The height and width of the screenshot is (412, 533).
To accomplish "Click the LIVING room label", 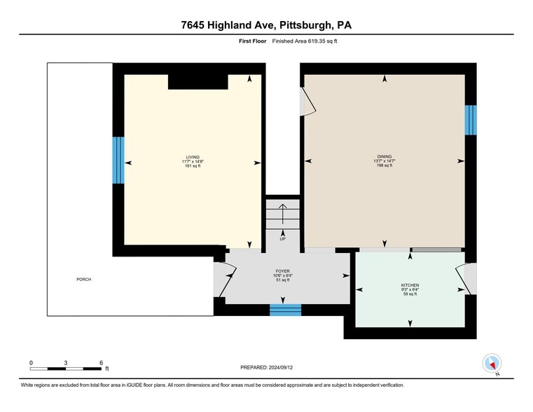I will [x=193, y=156].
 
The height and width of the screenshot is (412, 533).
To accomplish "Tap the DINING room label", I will [x=384, y=156].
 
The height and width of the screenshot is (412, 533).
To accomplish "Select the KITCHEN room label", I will [x=410, y=285].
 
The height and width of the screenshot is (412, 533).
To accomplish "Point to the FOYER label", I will [x=282, y=270].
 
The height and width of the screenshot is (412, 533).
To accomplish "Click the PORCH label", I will [x=84, y=280].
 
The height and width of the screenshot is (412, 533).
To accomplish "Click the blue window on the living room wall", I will [x=118, y=160].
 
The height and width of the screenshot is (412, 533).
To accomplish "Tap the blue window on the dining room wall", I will [x=471, y=119].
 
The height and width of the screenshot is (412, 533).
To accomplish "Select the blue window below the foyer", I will [x=285, y=310].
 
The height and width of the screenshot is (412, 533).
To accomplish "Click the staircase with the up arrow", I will [x=282, y=214].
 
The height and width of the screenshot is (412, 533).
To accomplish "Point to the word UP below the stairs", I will [x=283, y=239].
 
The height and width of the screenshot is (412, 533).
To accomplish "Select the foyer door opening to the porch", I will [x=224, y=280].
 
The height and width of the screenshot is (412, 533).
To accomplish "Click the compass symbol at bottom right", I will [x=492, y=364].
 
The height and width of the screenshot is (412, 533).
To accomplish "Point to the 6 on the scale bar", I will [x=102, y=362].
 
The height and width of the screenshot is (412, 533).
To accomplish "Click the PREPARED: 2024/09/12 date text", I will [x=266, y=367].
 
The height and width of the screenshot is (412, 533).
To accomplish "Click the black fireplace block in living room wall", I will [x=198, y=82].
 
